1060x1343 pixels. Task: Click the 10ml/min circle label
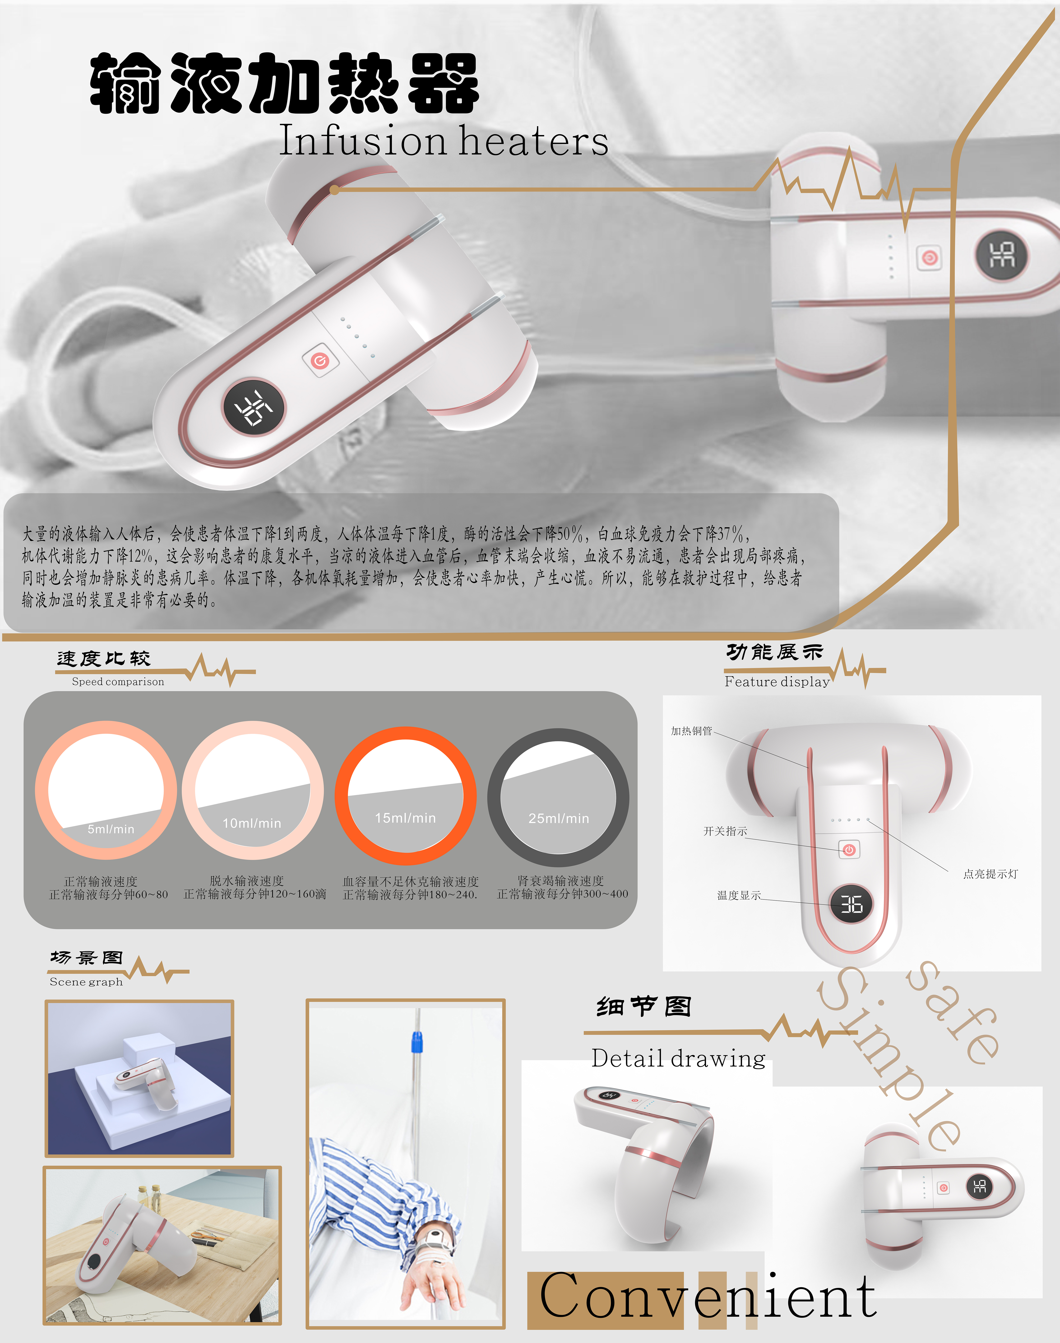coord(252,823)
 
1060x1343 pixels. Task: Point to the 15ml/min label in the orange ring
coord(405,818)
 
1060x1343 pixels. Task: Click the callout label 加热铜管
coord(691,731)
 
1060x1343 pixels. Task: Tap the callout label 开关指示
coord(725,831)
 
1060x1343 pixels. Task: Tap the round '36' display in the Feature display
coord(851,904)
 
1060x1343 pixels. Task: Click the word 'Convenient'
coord(707,1295)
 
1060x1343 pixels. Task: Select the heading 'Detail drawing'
coord(678,1058)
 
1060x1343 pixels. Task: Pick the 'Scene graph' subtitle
coord(86,982)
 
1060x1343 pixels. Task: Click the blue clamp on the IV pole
coord(416,1042)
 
